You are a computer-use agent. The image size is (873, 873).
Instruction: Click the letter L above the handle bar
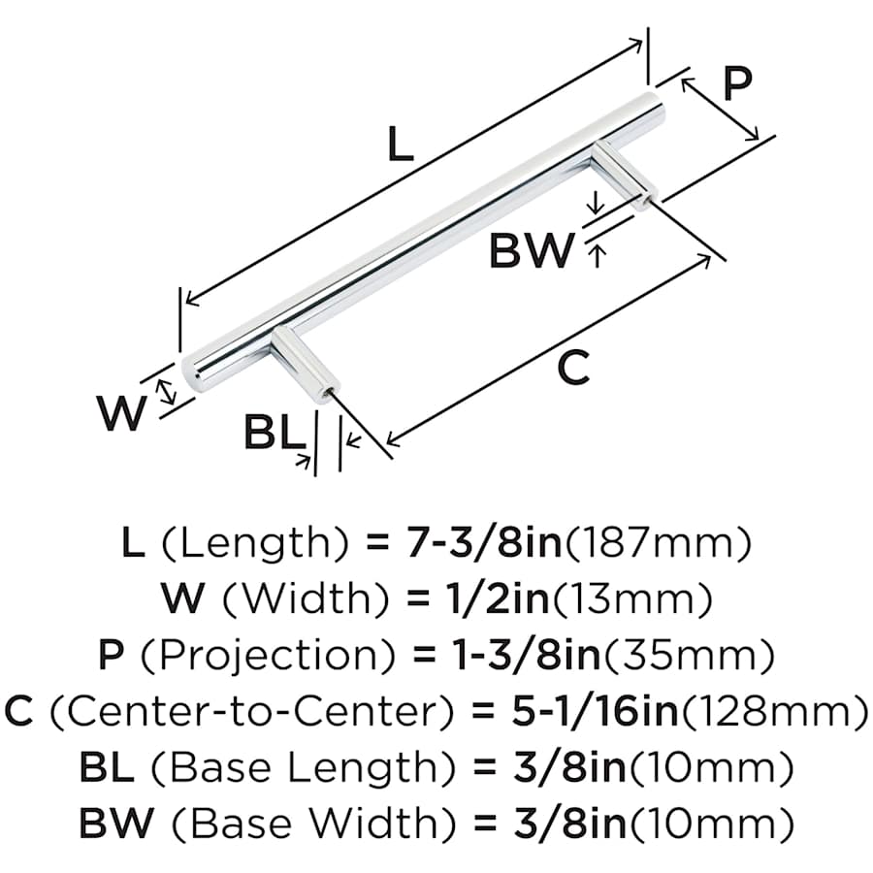[401, 145]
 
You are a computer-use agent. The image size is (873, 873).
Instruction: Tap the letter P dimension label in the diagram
[737, 85]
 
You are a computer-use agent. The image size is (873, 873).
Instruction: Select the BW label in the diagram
[532, 252]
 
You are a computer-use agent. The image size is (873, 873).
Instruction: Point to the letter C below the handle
[574, 368]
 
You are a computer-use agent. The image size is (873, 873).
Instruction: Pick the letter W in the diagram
[121, 415]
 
